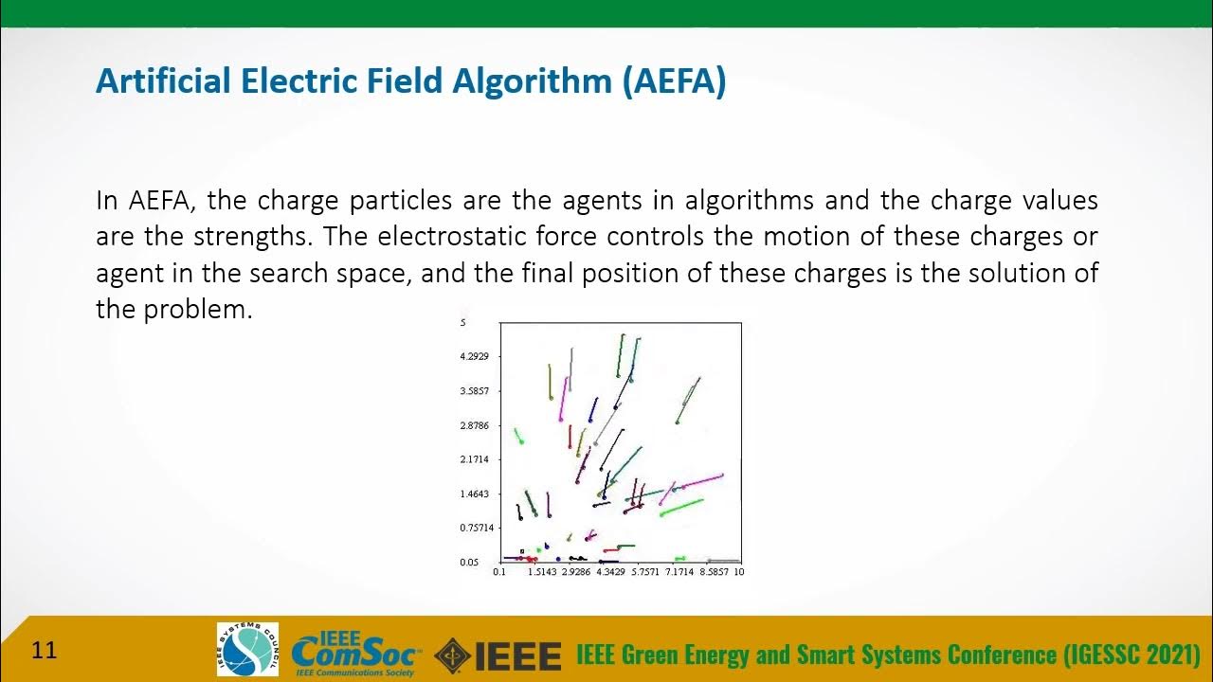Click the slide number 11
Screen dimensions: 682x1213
(x=45, y=650)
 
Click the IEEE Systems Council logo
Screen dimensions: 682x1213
(x=247, y=649)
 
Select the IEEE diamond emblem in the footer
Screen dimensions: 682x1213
(x=452, y=655)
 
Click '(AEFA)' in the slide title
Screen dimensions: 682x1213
(x=674, y=82)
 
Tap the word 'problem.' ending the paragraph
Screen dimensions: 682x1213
(x=197, y=310)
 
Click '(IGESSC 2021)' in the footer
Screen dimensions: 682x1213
(x=1132, y=655)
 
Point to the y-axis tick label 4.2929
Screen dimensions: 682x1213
(x=474, y=357)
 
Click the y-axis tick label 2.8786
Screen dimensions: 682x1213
(x=474, y=425)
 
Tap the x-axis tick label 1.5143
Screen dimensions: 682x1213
(x=543, y=572)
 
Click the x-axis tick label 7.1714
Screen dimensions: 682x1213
(x=679, y=572)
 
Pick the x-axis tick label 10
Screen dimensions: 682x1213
(x=739, y=572)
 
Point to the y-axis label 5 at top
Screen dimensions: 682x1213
(x=463, y=323)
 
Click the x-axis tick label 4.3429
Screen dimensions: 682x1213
(x=611, y=572)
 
